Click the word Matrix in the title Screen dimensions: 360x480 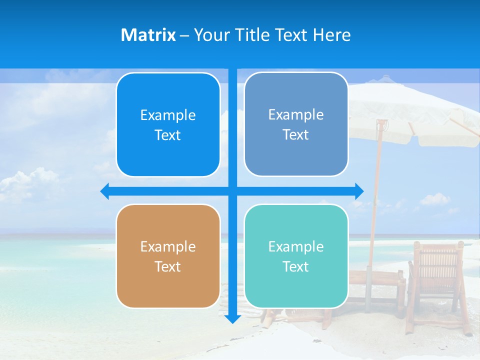point(148,35)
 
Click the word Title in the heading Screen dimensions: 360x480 point(252,35)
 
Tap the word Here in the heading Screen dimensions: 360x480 point(332,35)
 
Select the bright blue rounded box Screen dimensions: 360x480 point(168,125)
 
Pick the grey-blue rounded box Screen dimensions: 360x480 point(296,124)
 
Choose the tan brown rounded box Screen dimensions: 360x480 point(168,256)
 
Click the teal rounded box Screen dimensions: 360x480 point(296,256)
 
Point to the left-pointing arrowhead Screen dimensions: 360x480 point(104,191)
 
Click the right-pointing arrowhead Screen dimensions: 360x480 point(359,191)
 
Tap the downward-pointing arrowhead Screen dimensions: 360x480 point(232,319)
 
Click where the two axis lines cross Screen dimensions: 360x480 point(232,191)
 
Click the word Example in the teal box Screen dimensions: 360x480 point(296,246)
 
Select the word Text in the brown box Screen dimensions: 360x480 point(168,266)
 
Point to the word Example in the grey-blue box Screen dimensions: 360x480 point(296,114)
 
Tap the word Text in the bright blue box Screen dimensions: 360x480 point(168,135)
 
